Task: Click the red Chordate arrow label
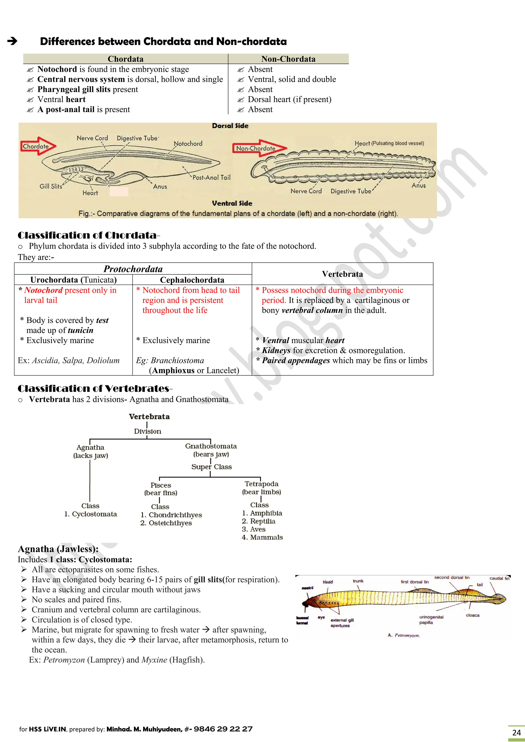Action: pos(36,146)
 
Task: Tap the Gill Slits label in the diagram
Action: pos(51,186)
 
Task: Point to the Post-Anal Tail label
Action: pos(211,177)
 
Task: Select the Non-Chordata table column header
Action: pos(288,59)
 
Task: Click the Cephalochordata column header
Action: pos(192,280)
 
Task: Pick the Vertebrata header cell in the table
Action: pos(342,274)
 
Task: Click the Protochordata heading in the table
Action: pos(133,269)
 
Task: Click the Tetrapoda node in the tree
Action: pos(261,484)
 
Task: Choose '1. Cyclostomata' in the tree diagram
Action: pos(90,514)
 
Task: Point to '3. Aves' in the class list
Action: pos(254,529)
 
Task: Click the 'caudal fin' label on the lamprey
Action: pos(499,578)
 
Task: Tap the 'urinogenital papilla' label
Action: pos(431,620)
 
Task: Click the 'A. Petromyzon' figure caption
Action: pos(404,635)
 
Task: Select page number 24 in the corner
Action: pos(516,732)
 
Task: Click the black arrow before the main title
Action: pos(12,41)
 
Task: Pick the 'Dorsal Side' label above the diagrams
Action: pos(230,126)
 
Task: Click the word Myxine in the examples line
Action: pos(154,659)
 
